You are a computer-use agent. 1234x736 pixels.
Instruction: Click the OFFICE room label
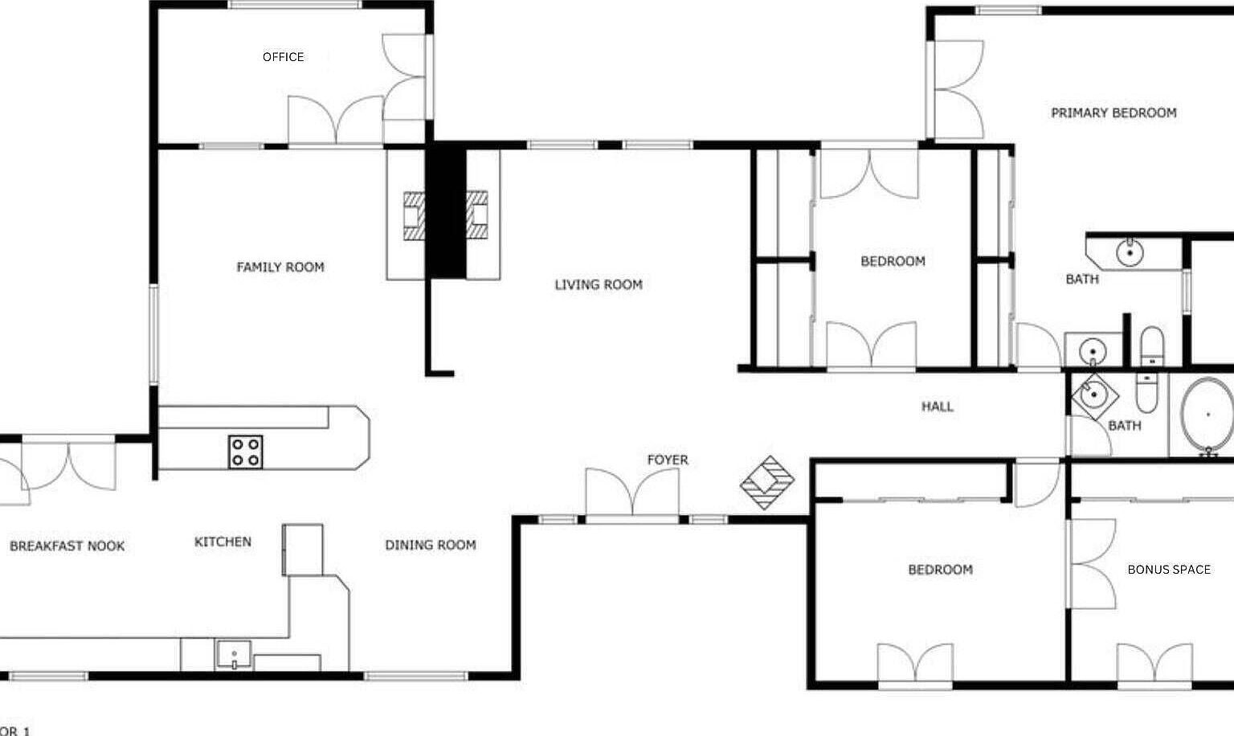[x=283, y=57]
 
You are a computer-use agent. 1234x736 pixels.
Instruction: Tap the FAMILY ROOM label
[x=280, y=268]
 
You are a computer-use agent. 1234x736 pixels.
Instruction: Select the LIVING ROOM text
[x=599, y=284]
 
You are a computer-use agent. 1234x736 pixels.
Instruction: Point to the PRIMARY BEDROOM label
[x=1114, y=113]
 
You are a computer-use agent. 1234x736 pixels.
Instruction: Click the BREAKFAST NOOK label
[x=67, y=546]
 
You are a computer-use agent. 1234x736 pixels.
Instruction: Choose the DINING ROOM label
[x=431, y=545]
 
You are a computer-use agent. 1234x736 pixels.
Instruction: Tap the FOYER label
[x=668, y=460]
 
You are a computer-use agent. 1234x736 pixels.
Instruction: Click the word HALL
[x=938, y=407]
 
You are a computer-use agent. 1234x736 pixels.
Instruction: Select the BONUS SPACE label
[x=1169, y=570]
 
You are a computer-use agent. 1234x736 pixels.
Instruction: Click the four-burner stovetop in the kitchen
[x=246, y=452]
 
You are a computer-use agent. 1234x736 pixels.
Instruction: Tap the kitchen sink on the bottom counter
[x=234, y=655]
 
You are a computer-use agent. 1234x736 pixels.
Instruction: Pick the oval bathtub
[x=1207, y=415]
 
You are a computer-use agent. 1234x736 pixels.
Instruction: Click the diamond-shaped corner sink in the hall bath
[x=1095, y=395]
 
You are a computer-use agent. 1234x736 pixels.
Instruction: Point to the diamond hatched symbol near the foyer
[x=767, y=482]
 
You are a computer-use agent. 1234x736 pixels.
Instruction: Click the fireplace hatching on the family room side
[x=415, y=215]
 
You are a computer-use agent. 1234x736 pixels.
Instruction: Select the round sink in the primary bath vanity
[x=1130, y=253]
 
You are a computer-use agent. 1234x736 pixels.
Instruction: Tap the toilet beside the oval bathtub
[x=1147, y=392]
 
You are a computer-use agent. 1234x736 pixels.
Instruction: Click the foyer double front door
[x=632, y=493]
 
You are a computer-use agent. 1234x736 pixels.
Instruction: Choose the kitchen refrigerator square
[x=303, y=550]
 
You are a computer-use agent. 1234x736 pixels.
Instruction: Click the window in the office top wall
[x=296, y=4]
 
